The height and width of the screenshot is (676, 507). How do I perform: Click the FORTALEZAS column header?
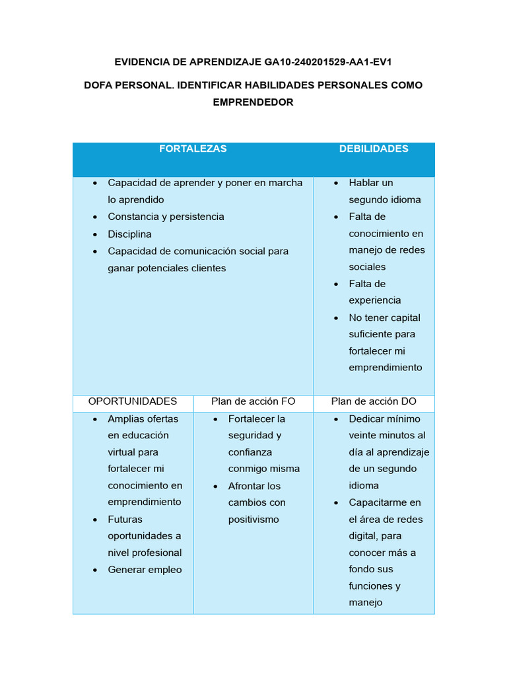[x=193, y=149]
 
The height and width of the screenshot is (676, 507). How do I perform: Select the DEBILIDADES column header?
[x=374, y=149]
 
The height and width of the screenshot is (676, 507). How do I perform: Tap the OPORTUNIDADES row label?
[x=133, y=401]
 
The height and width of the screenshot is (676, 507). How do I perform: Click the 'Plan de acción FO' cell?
[x=253, y=401]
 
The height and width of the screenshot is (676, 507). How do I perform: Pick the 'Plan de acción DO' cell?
[x=374, y=401]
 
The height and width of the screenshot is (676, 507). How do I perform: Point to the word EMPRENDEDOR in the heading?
[x=253, y=102]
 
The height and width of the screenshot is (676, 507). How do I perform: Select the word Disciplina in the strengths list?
[x=129, y=234]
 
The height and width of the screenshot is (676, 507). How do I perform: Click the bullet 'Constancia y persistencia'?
[x=166, y=217]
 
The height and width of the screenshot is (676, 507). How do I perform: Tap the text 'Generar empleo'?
[x=145, y=570]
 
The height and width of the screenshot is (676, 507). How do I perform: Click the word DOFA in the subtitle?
[x=100, y=85]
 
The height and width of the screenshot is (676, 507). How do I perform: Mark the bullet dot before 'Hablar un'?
[x=336, y=184]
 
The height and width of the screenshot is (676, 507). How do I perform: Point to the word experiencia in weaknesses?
[x=374, y=301]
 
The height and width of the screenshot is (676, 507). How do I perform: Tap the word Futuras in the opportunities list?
[x=125, y=520]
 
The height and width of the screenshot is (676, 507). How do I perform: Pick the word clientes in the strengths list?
[x=206, y=269]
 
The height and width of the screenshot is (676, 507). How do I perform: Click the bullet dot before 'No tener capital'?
[x=336, y=318]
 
